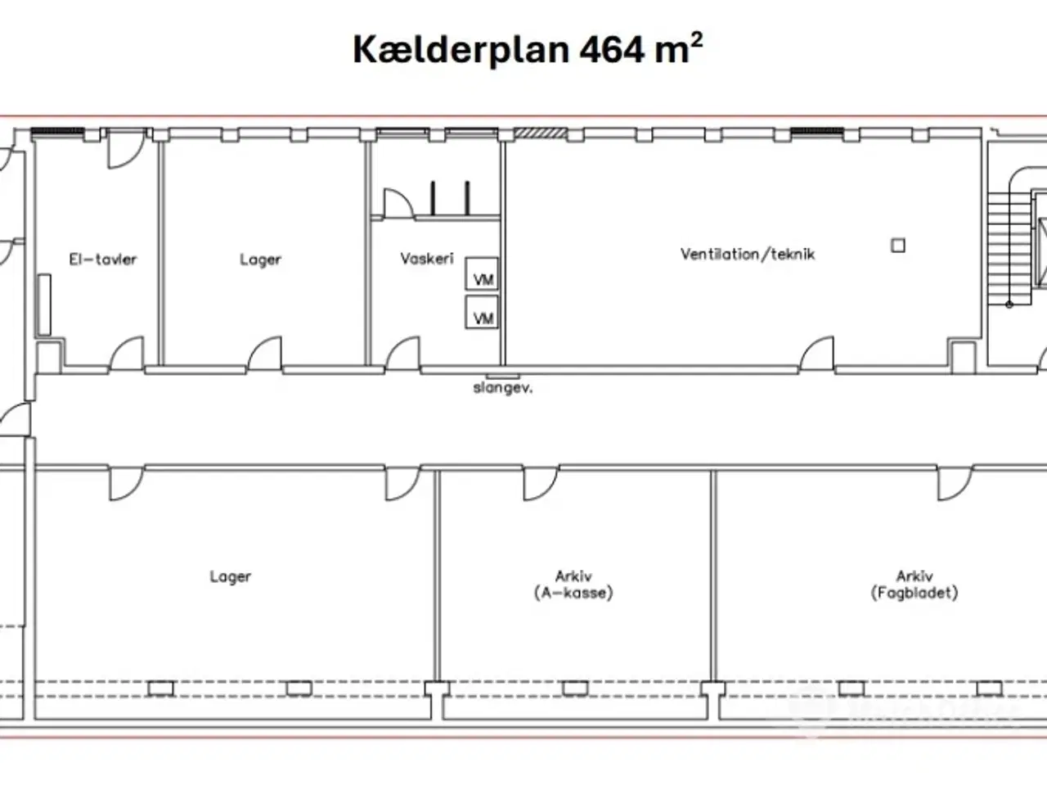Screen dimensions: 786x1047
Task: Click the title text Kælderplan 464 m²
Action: pos(527,49)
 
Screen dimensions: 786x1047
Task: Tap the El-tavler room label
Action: pos(102,260)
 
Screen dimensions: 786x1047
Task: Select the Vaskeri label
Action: pos(426,259)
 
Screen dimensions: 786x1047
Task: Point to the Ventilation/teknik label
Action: pos(747,254)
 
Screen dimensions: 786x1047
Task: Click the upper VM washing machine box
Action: pos(483,273)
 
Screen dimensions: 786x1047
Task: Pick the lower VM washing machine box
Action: pos(483,312)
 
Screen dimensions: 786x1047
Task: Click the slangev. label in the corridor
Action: pos(502,388)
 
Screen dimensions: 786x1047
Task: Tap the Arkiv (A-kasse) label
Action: pos(573,585)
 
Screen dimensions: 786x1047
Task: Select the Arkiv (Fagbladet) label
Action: pos(914,585)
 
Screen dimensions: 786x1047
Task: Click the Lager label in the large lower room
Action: pos(230,576)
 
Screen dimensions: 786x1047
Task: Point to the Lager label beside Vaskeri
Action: pos(260,260)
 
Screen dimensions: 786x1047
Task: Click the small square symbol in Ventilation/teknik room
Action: pos(898,245)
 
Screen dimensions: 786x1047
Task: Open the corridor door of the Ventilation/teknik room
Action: pos(816,354)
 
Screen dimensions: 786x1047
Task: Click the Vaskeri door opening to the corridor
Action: pos(402,354)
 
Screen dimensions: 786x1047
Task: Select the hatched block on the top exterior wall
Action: pos(540,132)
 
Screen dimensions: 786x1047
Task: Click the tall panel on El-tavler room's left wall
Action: pos(43,305)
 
